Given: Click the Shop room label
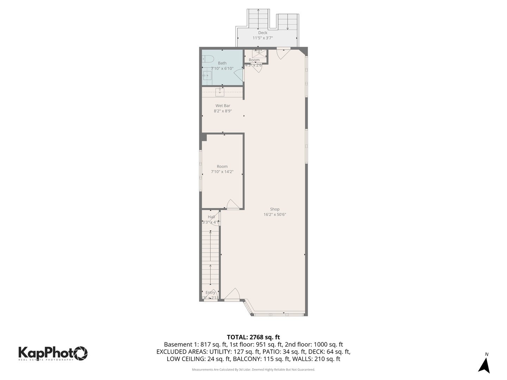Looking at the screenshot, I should [x=275, y=209].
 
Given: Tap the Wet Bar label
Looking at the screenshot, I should [x=223, y=106].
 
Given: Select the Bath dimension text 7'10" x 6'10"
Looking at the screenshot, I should [x=222, y=68].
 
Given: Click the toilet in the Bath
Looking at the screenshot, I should [x=208, y=59].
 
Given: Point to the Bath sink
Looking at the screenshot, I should [x=207, y=75].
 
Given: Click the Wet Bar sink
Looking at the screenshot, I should [x=220, y=92].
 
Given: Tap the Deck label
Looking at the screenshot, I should [x=263, y=33].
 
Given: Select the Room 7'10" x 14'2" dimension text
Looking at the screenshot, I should [x=222, y=172].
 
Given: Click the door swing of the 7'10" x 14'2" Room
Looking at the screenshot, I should [x=232, y=204].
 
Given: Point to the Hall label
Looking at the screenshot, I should [x=211, y=217].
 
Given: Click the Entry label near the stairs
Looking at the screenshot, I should [x=210, y=292].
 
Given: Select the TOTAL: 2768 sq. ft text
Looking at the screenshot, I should [x=253, y=337].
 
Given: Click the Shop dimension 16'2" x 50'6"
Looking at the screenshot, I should [x=275, y=214].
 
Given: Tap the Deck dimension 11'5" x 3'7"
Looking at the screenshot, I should [x=263, y=38].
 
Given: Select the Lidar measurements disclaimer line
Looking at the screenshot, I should [x=253, y=369].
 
